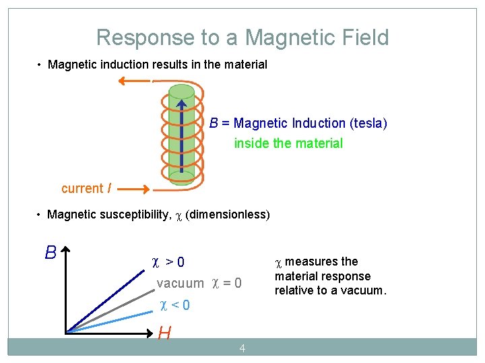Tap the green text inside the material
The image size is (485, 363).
(x=288, y=143)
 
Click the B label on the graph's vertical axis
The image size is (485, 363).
(x=51, y=253)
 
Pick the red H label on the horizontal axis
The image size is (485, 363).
(x=164, y=333)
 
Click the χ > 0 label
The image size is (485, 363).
(x=168, y=261)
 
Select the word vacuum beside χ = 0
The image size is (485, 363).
(x=180, y=284)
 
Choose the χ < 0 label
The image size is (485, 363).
(x=174, y=305)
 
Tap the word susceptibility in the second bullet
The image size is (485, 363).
(x=129, y=214)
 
